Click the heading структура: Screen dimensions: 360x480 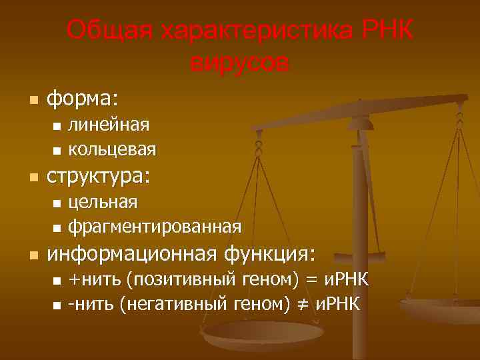pos(98,177)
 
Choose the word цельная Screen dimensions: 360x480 pos(103,201)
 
